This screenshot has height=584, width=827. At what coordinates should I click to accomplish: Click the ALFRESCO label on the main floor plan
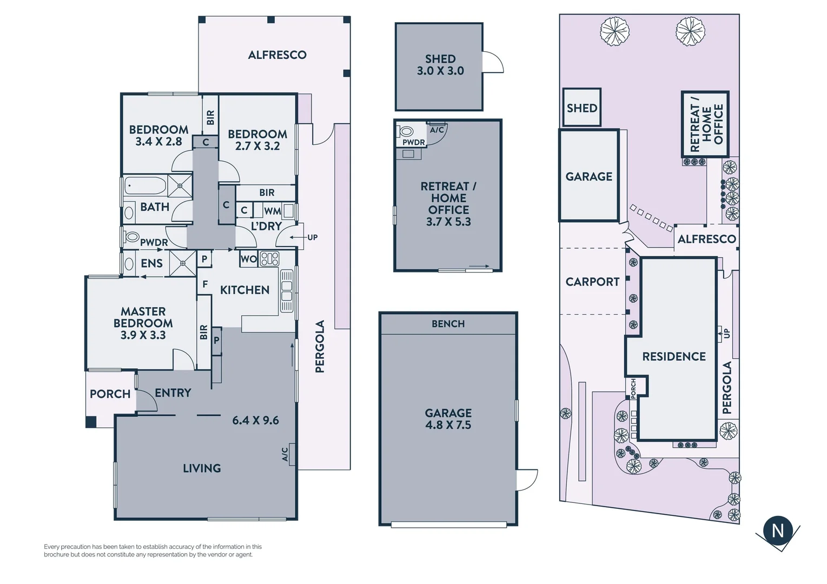pyautogui.click(x=277, y=55)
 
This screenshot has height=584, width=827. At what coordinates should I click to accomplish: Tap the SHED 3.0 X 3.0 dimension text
pyautogui.click(x=440, y=71)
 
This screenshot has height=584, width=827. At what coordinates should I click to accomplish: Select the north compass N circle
pyautogui.click(x=778, y=530)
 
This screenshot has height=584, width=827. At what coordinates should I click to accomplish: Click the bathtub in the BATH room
pyautogui.click(x=145, y=186)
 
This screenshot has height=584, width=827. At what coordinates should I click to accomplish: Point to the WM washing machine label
pyautogui.click(x=272, y=211)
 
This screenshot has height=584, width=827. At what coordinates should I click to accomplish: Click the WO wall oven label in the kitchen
pyautogui.click(x=248, y=259)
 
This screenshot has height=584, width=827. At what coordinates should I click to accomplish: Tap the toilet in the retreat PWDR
pyautogui.click(x=406, y=131)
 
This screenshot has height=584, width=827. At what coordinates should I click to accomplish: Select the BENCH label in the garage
pyautogui.click(x=448, y=324)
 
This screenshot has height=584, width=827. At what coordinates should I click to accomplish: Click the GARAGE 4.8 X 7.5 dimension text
pyautogui.click(x=448, y=425)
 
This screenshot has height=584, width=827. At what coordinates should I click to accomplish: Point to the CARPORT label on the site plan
pyautogui.click(x=592, y=282)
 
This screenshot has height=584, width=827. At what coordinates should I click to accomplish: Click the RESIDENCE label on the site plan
pyautogui.click(x=674, y=357)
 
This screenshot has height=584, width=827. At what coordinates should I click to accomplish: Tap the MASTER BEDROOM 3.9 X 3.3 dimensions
pyautogui.click(x=143, y=335)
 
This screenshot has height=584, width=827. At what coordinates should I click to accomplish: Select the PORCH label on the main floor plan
pyautogui.click(x=110, y=394)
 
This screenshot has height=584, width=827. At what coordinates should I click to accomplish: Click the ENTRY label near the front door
pyautogui.click(x=173, y=393)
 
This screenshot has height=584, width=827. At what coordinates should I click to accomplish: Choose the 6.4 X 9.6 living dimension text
pyautogui.click(x=255, y=421)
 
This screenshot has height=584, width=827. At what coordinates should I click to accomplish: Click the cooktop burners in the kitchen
pyautogui.click(x=269, y=258)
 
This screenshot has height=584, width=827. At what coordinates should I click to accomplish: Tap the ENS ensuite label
pyautogui.click(x=151, y=263)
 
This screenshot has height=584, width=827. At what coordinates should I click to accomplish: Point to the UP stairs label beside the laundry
pyautogui.click(x=312, y=237)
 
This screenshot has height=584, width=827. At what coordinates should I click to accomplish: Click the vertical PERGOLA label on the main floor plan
pyautogui.click(x=320, y=347)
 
